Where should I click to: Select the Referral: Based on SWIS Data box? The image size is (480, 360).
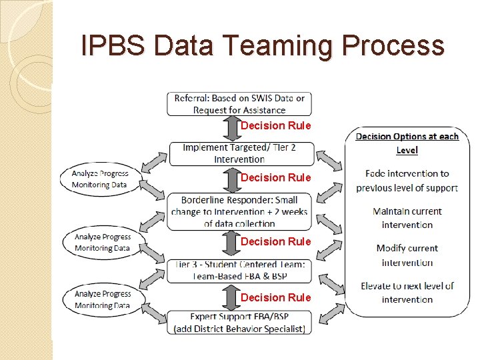pyautogui.click(x=239, y=104)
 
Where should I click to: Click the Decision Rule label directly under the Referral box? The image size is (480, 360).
pyautogui.click(x=275, y=125)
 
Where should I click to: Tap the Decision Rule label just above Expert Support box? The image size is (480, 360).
pyautogui.click(x=275, y=297)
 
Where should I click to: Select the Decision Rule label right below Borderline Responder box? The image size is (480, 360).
pyautogui.click(x=275, y=241)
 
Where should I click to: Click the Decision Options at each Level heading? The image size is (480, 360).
pyautogui.click(x=407, y=143)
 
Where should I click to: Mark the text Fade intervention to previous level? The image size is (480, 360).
pyautogui.click(x=407, y=181)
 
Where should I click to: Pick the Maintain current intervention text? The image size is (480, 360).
pyautogui.click(x=407, y=218)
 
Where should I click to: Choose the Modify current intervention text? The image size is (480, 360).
pyautogui.click(x=407, y=255)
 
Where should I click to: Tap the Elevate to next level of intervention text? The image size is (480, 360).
pyautogui.click(x=407, y=293)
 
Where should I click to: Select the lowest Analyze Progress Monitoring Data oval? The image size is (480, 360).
pyautogui.click(x=102, y=299)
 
